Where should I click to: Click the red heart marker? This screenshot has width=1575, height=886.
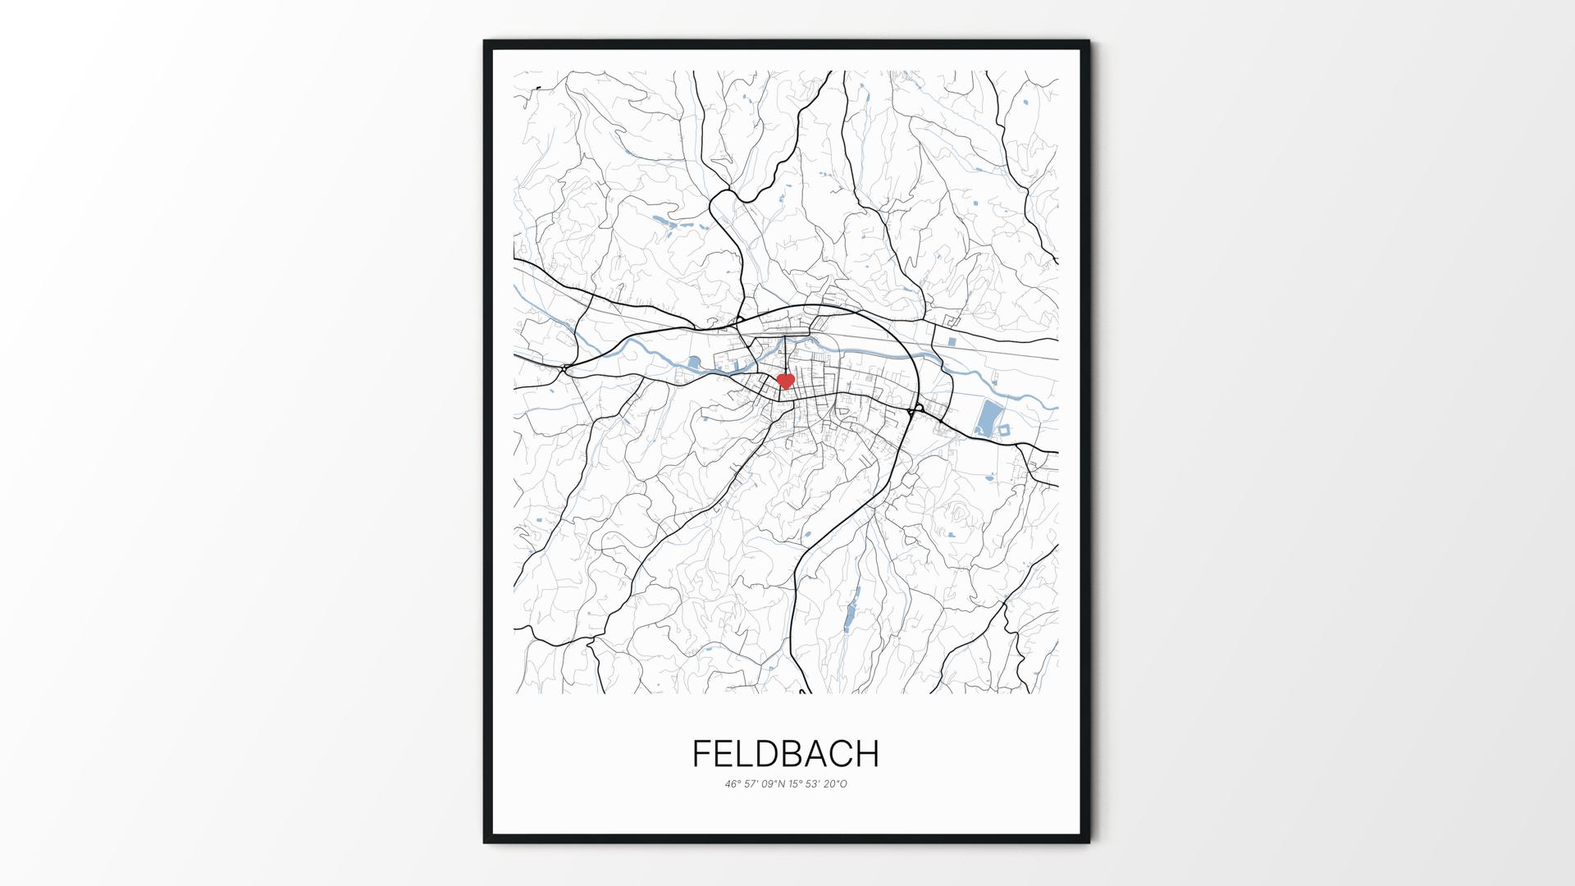[x=785, y=381]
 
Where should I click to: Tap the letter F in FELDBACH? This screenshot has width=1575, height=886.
[x=701, y=754]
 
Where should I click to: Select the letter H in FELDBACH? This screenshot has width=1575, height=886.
[x=867, y=754]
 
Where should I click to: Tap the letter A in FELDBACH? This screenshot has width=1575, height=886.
[x=812, y=754]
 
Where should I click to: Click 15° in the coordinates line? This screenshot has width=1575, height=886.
[x=797, y=783]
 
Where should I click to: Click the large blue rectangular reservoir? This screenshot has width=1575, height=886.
[x=987, y=418]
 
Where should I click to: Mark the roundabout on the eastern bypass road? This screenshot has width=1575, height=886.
[x=918, y=408]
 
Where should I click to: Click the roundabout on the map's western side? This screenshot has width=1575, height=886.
[x=565, y=368]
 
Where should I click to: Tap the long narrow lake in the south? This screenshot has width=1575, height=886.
[x=851, y=608]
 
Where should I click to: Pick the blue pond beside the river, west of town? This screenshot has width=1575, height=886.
[x=695, y=362]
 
